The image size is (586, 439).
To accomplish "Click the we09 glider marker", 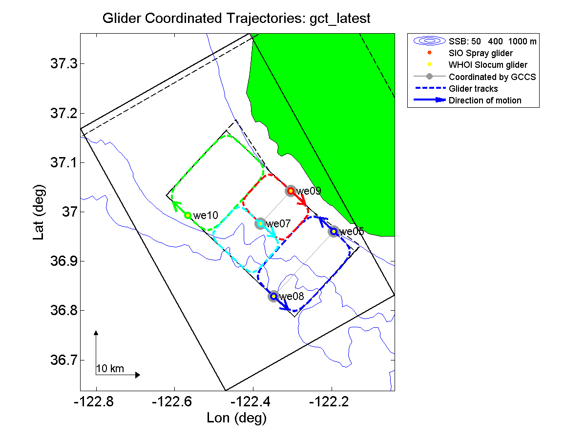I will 291,191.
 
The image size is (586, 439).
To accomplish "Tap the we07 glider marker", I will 260,223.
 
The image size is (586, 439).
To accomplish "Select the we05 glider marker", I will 334,231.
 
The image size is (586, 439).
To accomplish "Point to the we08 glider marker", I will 273,296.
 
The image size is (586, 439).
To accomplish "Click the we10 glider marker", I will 188,215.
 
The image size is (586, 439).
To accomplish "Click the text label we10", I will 206,215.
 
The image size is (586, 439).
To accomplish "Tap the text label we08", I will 292,296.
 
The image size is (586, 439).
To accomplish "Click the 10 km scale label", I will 110,369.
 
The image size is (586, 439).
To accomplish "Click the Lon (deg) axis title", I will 237,418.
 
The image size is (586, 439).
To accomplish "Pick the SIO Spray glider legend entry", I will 481,53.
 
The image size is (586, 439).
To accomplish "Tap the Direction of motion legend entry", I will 485,100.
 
